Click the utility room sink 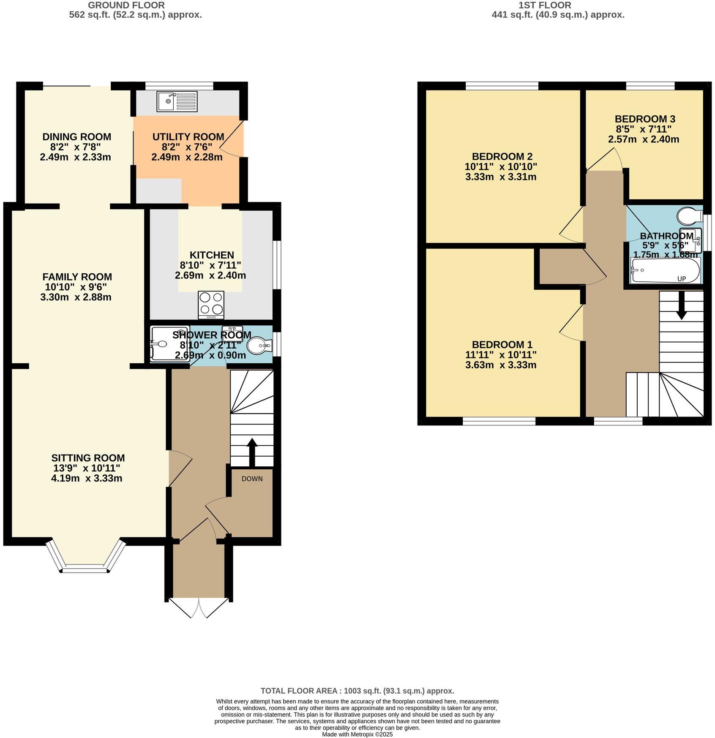click(177, 101)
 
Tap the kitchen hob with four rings click(211, 305)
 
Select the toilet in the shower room click(259, 346)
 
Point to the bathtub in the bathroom click(665, 271)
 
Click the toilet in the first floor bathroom click(690, 216)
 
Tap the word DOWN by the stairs click(252, 479)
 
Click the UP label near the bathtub click(681, 279)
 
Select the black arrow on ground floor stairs click(252, 452)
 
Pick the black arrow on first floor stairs click(681, 305)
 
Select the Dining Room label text click(76, 137)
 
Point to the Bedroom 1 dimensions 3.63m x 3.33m click(500, 365)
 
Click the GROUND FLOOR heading click(126, 5)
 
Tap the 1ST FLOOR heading click(544, 5)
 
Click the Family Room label click(77, 277)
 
